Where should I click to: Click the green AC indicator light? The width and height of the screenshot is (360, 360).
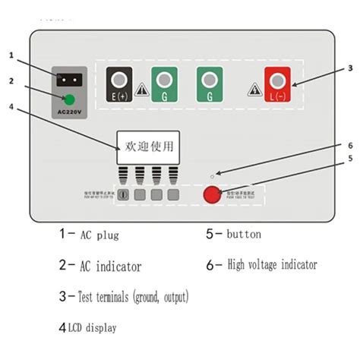coord(69,99)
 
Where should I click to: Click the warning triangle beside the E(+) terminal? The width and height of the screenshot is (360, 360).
coord(141,90)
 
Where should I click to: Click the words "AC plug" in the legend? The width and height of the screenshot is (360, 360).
coord(99,235)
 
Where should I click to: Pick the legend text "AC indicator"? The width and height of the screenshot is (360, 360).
coord(111,267)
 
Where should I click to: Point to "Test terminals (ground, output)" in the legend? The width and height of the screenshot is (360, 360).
coord(133,296)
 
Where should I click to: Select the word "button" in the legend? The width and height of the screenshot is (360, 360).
coord(243,235)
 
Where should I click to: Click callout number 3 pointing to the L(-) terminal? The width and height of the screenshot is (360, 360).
coord(349,68)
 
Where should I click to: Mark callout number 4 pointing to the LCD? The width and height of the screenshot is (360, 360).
coord(11,106)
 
